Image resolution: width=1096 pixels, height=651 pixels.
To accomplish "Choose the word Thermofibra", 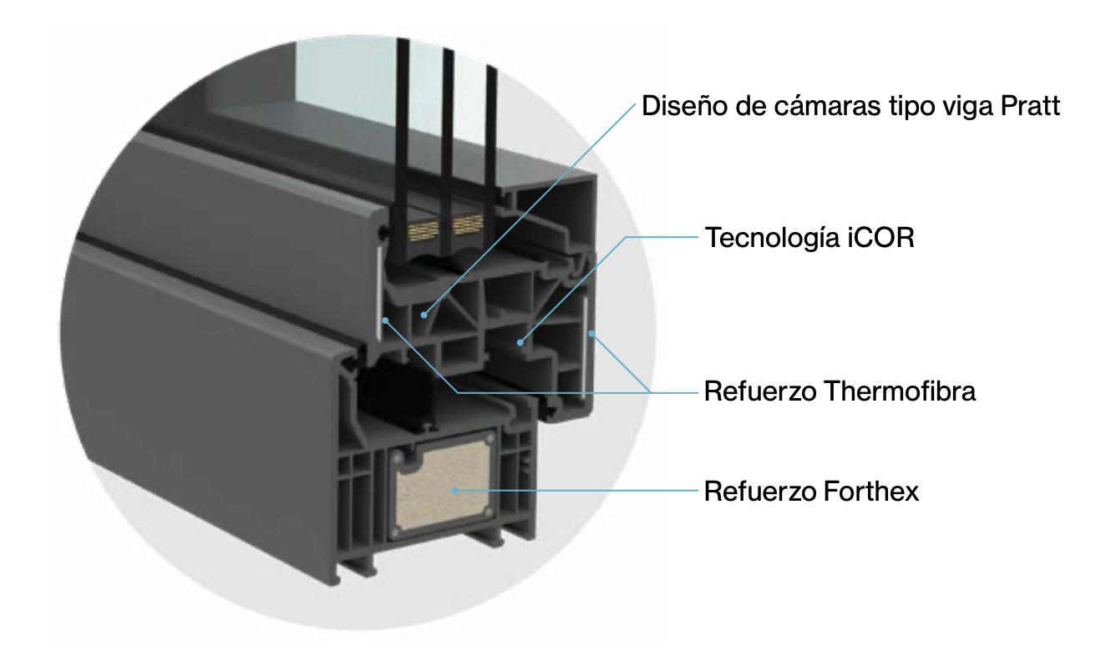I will pyautogui.click(x=899, y=391).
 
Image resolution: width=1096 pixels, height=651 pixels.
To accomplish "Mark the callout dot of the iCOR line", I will pyautogui.click(x=520, y=341).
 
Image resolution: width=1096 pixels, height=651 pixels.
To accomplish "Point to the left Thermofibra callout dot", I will pyautogui.click(x=384, y=319).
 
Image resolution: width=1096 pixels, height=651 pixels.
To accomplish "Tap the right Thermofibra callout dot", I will pyautogui.click(x=591, y=334).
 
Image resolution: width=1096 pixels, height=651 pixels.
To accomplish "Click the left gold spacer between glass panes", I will pyautogui.click(x=424, y=225).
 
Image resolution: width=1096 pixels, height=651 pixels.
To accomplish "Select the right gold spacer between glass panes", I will pyautogui.click(x=468, y=224).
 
